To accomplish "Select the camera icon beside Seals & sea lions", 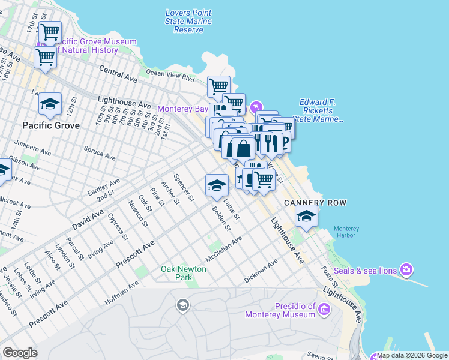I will [407, 269].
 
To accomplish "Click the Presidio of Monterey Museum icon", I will [324, 310].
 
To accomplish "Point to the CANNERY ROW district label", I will [315, 203].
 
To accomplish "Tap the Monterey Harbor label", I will [346, 232].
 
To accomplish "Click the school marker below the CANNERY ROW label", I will [306, 217].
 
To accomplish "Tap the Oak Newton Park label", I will [184, 273].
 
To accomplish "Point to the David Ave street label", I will [88, 220].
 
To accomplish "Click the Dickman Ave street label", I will [261, 271].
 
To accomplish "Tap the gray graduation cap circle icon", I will [182, 307].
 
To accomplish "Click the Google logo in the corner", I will [20, 353].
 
